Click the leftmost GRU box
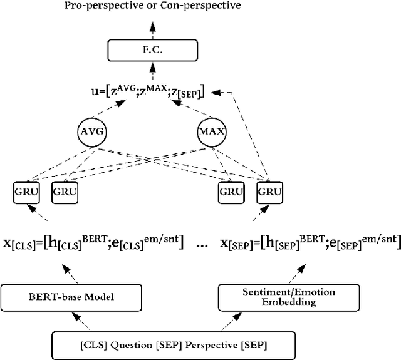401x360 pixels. coord(26,192)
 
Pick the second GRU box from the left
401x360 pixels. coord(65,192)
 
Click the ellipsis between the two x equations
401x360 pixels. coord(201,245)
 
